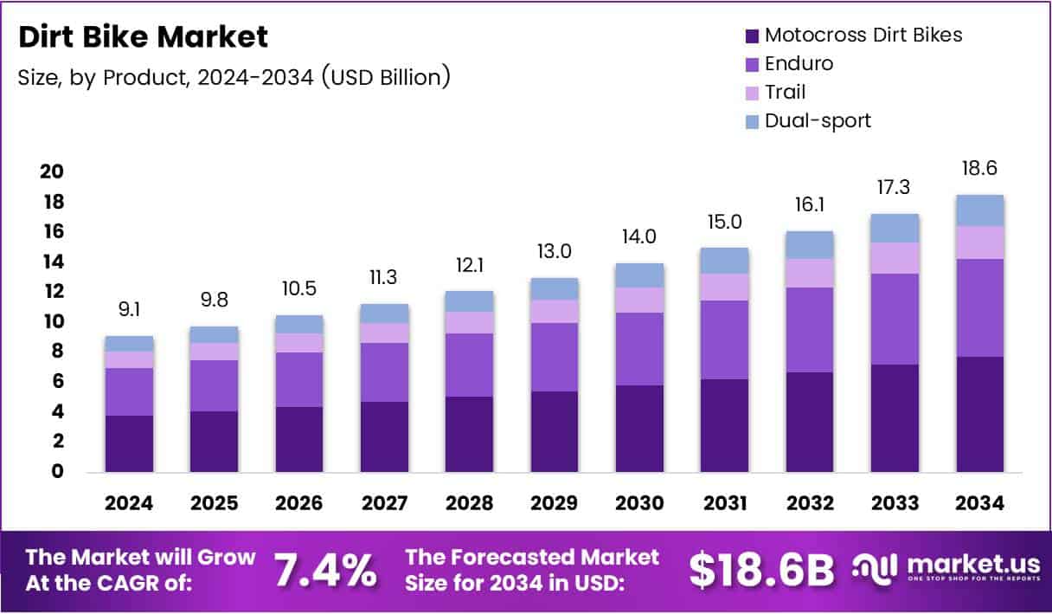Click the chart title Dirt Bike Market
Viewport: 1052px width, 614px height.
click(x=144, y=37)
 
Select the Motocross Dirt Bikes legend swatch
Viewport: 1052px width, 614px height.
click(x=751, y=36)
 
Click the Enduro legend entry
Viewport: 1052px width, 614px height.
click(x=799, y=63)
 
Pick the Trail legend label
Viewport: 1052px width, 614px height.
click(x=785, y=92)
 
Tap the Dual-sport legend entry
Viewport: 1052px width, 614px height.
click(x=818, y=120)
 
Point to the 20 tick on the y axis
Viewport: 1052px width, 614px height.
click(x=51, y=171)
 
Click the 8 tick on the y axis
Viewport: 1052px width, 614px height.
click(x=56, y=352)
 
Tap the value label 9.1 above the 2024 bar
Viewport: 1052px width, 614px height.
click(x=129, y=309)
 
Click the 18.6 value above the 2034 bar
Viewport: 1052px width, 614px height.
click(x=980, y=168)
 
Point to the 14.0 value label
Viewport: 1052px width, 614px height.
click(x=639, y=236)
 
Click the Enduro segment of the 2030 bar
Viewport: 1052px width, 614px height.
click(x=639, y=349)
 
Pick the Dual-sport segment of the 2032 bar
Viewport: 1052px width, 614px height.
click(x=810, y=244)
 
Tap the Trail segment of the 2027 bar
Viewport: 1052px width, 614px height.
click(x=384, y=333)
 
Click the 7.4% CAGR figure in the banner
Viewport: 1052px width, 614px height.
click(x=325, y=570)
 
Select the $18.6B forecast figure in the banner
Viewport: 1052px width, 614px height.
click(x=762, y=570)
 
